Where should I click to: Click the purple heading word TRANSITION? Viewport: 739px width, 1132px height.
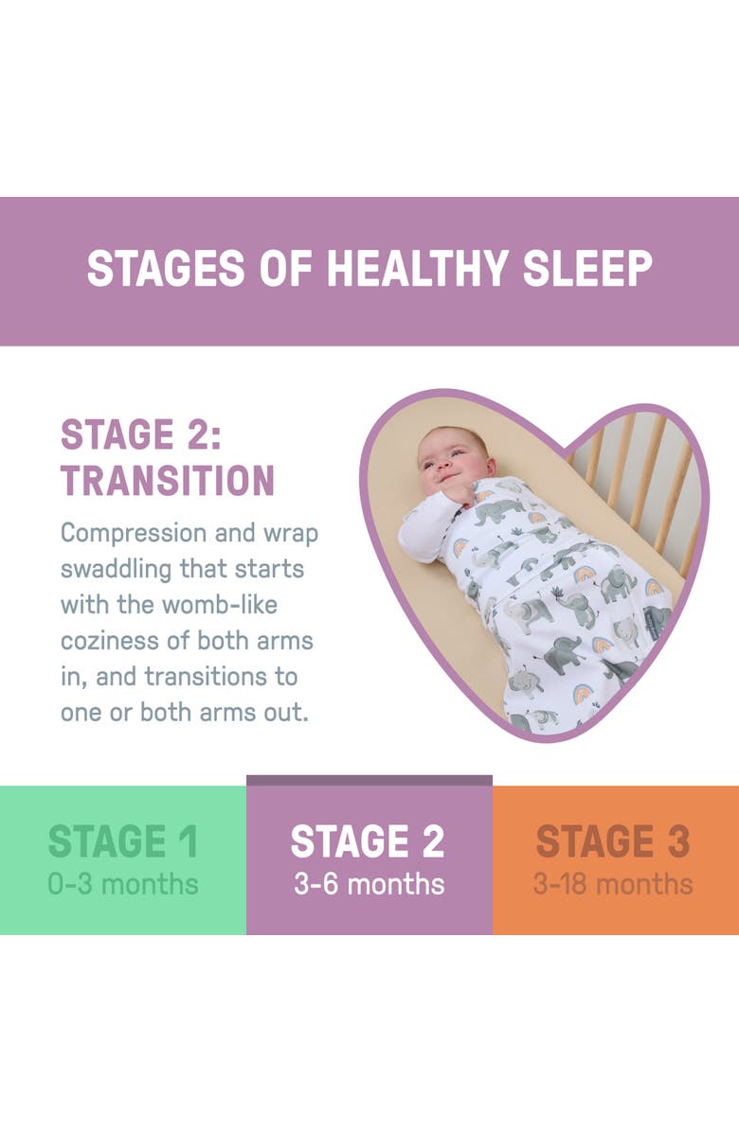coord(168,480)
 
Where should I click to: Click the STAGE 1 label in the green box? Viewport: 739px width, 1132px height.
coord(123,841)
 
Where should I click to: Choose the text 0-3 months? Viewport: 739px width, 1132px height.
coord(123,884)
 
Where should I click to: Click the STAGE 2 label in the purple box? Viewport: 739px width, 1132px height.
coord(369,841)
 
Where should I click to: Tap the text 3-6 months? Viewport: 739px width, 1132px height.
coord(369,884)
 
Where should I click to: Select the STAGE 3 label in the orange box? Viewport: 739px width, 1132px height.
coord(613,841)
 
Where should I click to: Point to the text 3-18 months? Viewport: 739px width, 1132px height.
coord(613,884)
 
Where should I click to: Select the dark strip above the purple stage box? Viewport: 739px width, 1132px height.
coord(369,780)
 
